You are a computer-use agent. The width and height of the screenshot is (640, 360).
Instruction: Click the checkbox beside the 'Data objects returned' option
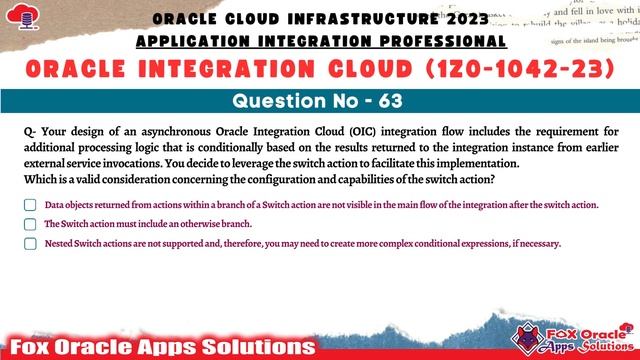28,204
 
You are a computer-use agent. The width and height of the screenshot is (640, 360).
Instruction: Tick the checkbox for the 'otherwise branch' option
28,224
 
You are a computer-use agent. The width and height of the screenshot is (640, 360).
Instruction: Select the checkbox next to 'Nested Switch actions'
28,243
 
